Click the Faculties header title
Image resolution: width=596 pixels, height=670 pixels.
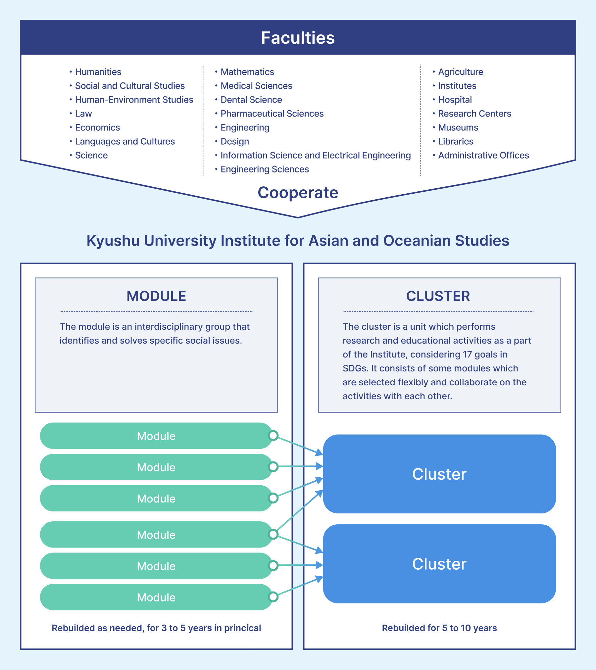coord(298,38)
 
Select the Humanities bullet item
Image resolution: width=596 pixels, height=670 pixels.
coord(98,72)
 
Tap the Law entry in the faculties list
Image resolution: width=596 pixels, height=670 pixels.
coord(83,114)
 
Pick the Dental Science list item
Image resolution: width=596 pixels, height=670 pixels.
coord(251,100)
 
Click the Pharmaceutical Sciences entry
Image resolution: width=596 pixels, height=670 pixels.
coord(272,114)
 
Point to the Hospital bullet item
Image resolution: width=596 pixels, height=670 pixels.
coord(455,100)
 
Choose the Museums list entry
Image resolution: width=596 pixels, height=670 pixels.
coord(458,127)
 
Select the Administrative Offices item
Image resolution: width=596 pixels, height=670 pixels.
coord(483,155)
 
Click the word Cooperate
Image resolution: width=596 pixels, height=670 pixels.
coord(298,193)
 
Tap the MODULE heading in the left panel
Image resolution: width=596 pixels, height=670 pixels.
coord(156,296)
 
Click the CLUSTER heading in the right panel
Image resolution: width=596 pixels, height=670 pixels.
coord(438,296)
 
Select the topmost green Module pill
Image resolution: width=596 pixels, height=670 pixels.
coord(156,436)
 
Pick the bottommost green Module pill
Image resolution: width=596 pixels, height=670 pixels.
coord(156,597)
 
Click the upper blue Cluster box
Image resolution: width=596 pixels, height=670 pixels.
coord(439,474)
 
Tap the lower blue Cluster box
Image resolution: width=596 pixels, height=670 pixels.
coord(439,564)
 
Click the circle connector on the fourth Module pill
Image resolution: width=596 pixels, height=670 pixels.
coord(273,534)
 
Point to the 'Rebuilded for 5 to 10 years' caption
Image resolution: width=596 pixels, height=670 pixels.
coord(439,628)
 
